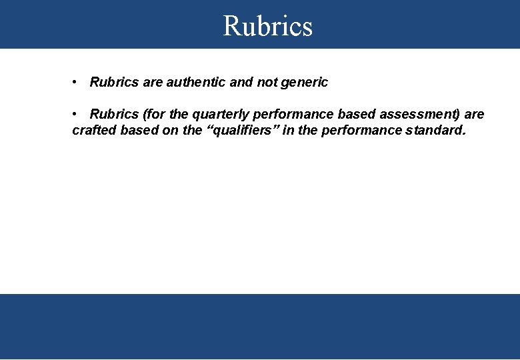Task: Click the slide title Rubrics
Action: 267,26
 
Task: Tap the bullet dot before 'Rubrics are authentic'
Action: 77,82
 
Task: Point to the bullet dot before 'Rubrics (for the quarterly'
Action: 77,114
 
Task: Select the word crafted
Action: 93,131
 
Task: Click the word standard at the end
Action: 435,131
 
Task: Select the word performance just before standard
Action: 361,131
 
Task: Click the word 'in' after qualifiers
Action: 288,131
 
